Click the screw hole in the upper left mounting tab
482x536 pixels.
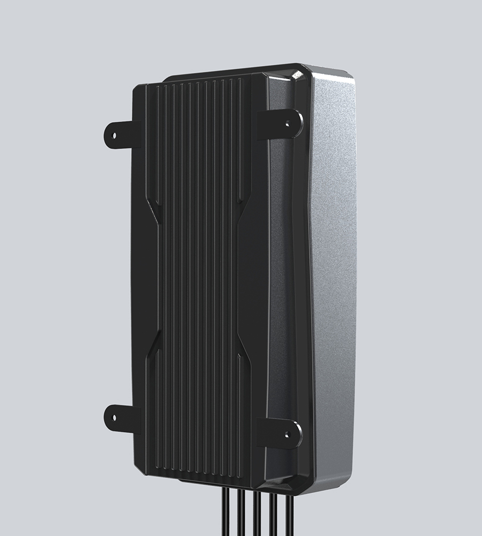pyautogui.click(x=114, y=134)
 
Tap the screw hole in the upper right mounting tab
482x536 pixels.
pyautogui.click(x=288, y=123)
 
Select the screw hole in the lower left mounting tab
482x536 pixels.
pyautogui.click(x=114, y=417)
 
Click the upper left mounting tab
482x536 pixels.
pyautogui.click(x=122, y=134)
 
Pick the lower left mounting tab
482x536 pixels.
pyautogui.click(x=122, y=418)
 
